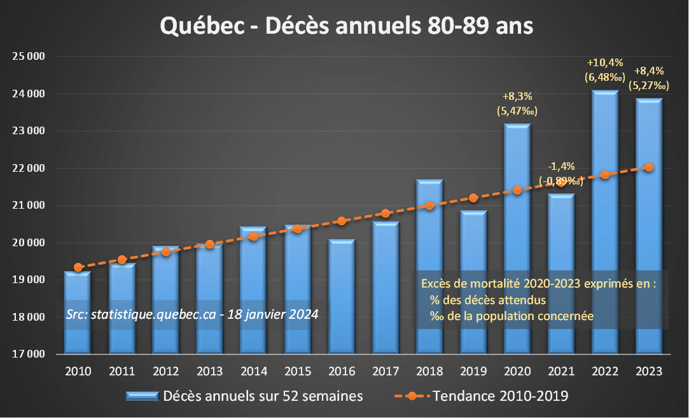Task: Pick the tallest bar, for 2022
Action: click(x=605, y=223)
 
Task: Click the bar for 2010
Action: click(x=78, y=312)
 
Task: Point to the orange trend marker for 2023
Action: click(x=649, y=167)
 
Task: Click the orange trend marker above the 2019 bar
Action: click(x=473, y=198)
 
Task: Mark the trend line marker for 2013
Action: click(x=209, y=244)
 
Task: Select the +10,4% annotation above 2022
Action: click(x=604, y=63)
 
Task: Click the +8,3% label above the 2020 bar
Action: click(x=517, y=97)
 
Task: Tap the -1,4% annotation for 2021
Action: click(x=560, y=167)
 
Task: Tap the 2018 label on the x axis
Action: click(x=429, y=371)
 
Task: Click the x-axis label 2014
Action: click(x=253, y=371)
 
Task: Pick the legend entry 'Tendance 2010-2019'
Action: click(x=500, y=396)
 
